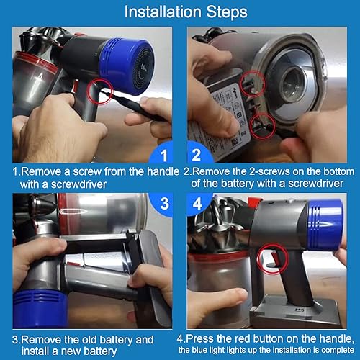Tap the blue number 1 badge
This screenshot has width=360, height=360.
165,155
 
